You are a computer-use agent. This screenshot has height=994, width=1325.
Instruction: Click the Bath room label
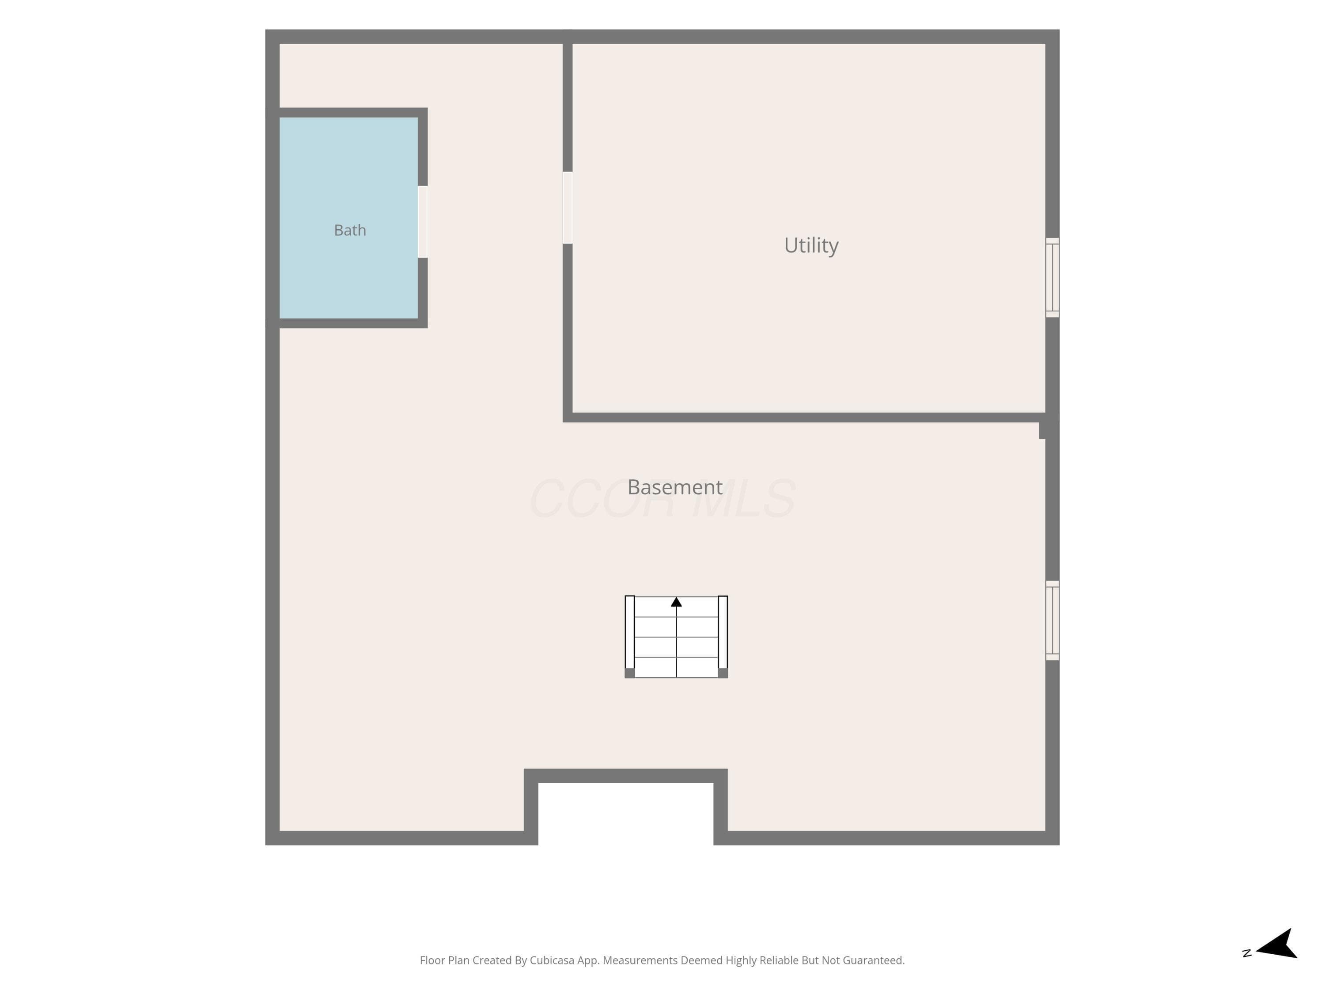(x=350, y=230)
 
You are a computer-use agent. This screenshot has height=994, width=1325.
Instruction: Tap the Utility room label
(x=811, y=245)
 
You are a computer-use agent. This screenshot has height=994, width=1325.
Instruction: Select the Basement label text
(x=675, y=487)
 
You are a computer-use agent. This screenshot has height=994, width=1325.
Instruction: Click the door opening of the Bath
(x=422, y=222)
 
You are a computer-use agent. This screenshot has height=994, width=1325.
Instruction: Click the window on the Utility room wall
(x=1052, y=277)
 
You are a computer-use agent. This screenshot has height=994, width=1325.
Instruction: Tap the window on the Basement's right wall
(x=1052, y=620)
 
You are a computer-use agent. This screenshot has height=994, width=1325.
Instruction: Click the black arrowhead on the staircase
(x=676, y=602)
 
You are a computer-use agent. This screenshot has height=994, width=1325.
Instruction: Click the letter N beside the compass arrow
(x=1247, y=952)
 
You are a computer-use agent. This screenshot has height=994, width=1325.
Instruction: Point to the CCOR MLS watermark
(x=662, y=498)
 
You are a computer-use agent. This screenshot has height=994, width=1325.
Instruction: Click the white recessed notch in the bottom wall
(x=626, y=814)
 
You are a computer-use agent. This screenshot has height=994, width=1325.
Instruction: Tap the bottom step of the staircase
(x=676, y=668)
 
